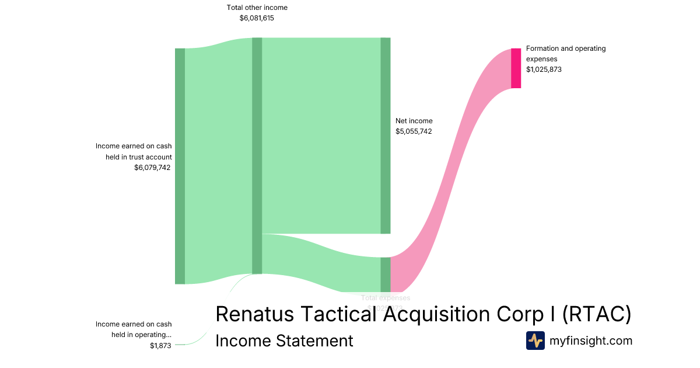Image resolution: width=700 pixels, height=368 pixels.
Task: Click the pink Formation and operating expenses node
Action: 516,68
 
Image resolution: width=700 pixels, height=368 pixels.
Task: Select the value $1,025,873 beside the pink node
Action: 544,70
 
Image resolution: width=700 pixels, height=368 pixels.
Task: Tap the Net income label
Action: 414,121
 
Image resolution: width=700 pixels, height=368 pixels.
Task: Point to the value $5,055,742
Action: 414,131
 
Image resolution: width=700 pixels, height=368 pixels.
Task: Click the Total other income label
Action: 257,8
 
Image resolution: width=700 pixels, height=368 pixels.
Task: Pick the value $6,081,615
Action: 257,18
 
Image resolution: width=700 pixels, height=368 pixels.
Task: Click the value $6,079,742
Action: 152,168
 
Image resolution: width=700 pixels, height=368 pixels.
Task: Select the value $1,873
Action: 160,346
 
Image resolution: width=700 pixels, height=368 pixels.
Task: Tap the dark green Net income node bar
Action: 385,136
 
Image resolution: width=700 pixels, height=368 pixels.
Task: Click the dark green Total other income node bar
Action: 257,155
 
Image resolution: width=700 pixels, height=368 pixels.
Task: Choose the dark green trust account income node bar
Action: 180,166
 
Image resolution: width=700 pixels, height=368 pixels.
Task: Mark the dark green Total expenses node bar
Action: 385,274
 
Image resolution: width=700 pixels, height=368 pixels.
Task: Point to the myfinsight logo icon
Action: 535,341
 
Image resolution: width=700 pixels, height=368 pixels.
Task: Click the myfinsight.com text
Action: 591,341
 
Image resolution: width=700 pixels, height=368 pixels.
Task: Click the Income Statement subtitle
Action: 284,341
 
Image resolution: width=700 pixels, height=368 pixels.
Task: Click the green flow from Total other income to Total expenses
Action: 321,257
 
